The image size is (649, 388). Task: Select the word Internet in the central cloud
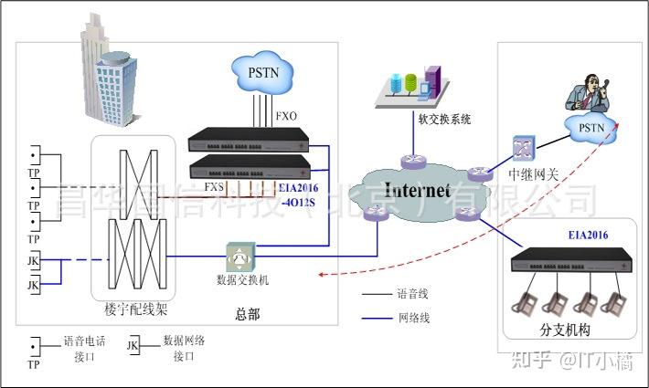coord(417,191)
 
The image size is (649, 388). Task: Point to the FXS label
coord(215,187)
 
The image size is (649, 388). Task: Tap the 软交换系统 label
coord(444,119)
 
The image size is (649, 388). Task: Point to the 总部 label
coord(247,314)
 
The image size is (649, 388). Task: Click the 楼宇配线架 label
coord(134,308)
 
